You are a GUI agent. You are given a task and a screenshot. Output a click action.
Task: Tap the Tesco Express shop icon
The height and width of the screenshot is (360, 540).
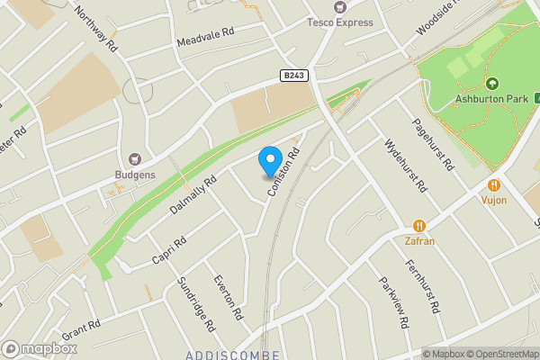(x=340, y=7)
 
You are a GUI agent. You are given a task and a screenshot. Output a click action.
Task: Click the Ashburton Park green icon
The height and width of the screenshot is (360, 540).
(x=492, y=84)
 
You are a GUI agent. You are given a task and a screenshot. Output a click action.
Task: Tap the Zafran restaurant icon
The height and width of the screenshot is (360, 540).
(x=419, y=226)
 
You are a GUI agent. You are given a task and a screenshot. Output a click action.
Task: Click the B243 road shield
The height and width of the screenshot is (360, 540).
(x=293, y=76)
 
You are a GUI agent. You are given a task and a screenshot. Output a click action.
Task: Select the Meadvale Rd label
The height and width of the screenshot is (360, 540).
(x=205, y=35)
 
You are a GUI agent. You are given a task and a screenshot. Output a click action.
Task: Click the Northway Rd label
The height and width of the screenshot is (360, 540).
(x=97, y=28)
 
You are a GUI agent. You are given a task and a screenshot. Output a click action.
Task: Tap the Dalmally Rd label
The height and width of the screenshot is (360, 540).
(x=193, y=194)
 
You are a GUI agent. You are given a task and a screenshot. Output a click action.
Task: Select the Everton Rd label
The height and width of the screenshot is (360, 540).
(x=229, y=298)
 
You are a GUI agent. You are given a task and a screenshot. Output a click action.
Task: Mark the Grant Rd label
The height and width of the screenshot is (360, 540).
(x=82, y=329)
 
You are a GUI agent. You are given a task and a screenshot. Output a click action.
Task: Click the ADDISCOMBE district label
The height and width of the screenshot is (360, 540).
(x=233, y=355)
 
